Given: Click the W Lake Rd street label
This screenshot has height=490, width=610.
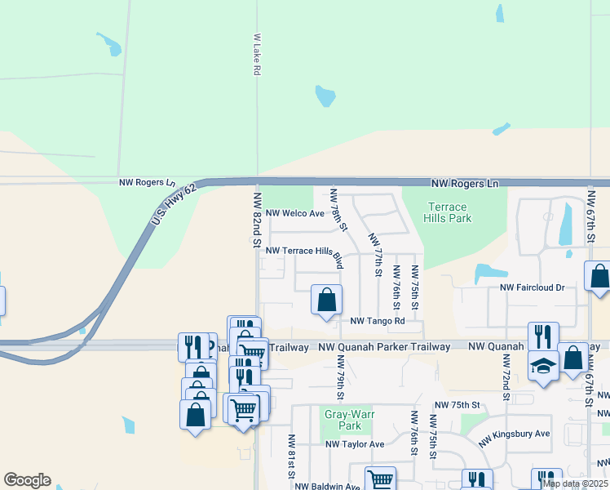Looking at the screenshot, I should (x=256, y=55).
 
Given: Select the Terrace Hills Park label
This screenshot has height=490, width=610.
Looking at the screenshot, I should (x=448, y=213).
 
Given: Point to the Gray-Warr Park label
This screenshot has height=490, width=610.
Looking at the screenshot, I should (x=343, y=420).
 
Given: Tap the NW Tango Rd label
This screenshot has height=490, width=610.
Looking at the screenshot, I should (x=378, y=321).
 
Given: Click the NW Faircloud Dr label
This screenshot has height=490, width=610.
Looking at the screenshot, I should (x=533, y=287).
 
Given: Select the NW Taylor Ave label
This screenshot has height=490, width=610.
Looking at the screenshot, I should (x=355, y=444).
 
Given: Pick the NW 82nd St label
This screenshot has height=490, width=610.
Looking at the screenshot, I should (x=256, y=221).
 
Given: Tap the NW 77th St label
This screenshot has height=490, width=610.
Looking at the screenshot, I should (x=375, y=254).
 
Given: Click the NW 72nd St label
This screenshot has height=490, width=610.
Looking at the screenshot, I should (x=506, y=379).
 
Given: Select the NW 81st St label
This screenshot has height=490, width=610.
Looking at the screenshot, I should (x=290, y=457).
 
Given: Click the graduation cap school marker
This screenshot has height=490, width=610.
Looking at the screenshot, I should (x=543, y=367).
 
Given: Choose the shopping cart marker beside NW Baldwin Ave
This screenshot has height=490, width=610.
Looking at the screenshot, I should (x=380, y=479).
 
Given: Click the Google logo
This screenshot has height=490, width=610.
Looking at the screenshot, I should (x=27, y=480).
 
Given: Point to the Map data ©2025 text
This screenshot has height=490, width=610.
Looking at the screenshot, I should (x=574, y=483).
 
